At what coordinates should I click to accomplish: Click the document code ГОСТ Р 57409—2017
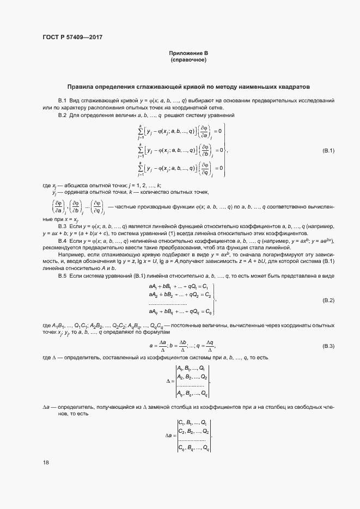pyautogui.click(x=72, y=37)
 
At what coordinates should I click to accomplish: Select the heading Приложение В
pyautogui.click(x=188, y=53)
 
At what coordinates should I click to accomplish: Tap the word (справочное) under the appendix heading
pyautogui.click(x=188, y=59)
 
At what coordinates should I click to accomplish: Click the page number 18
pyautogui.click(x=46, y=462)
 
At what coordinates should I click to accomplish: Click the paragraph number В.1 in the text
pyautogui.click(x=62, y=101)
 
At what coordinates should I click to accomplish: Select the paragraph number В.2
pyautogui.click(x=62, y=115)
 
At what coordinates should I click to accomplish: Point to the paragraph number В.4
pyautogui.click(x=62, y=241)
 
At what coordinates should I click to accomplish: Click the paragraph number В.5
pyautogui.click(x=62, y=276)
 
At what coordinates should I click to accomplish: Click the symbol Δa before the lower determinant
pyautogui.click(x=169, y=436)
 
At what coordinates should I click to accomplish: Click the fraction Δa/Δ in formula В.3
pyautogui.click(x=162, y=346)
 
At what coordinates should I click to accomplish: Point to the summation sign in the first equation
pyautogui.click(x=141, y=131)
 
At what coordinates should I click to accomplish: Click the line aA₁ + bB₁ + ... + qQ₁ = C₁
pyautogui.click(x=179, y=286)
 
